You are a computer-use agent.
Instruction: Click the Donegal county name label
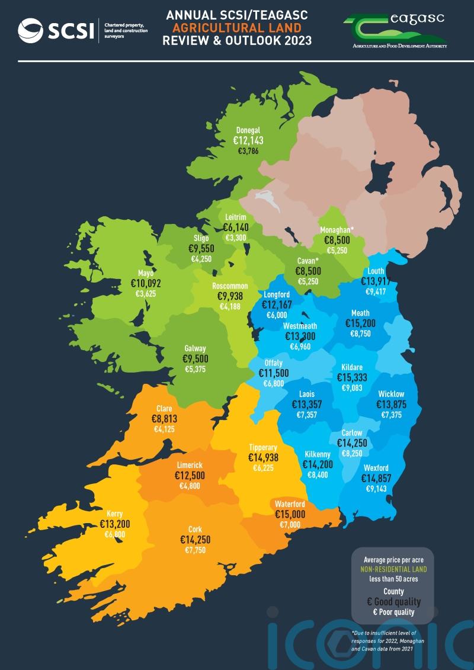pos(248,130)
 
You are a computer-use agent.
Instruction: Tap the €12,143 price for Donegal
pos(248,141)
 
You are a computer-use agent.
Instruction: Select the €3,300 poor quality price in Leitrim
pos(236,238)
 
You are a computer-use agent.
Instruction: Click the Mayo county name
pos(146,274)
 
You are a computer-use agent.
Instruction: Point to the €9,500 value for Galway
pos(195,359)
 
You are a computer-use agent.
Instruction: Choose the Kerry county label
pos(115,514)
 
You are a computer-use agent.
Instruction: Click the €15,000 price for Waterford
pos(290,514)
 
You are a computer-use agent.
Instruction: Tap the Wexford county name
pos(376,468)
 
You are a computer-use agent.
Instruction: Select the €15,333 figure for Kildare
pos(352,378)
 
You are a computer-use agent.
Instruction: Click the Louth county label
pos(376,271)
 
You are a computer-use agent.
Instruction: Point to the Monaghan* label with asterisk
pos(337,230)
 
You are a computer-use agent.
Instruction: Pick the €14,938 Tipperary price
pos(263,458)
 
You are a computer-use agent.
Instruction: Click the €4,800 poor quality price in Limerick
pos(190,486)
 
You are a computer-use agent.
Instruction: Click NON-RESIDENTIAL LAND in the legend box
pos(394,569)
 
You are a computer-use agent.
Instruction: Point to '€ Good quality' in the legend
pos(394,602)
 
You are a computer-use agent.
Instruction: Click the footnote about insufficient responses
pos(392,642)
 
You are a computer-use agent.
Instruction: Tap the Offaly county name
pos(274,363)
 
